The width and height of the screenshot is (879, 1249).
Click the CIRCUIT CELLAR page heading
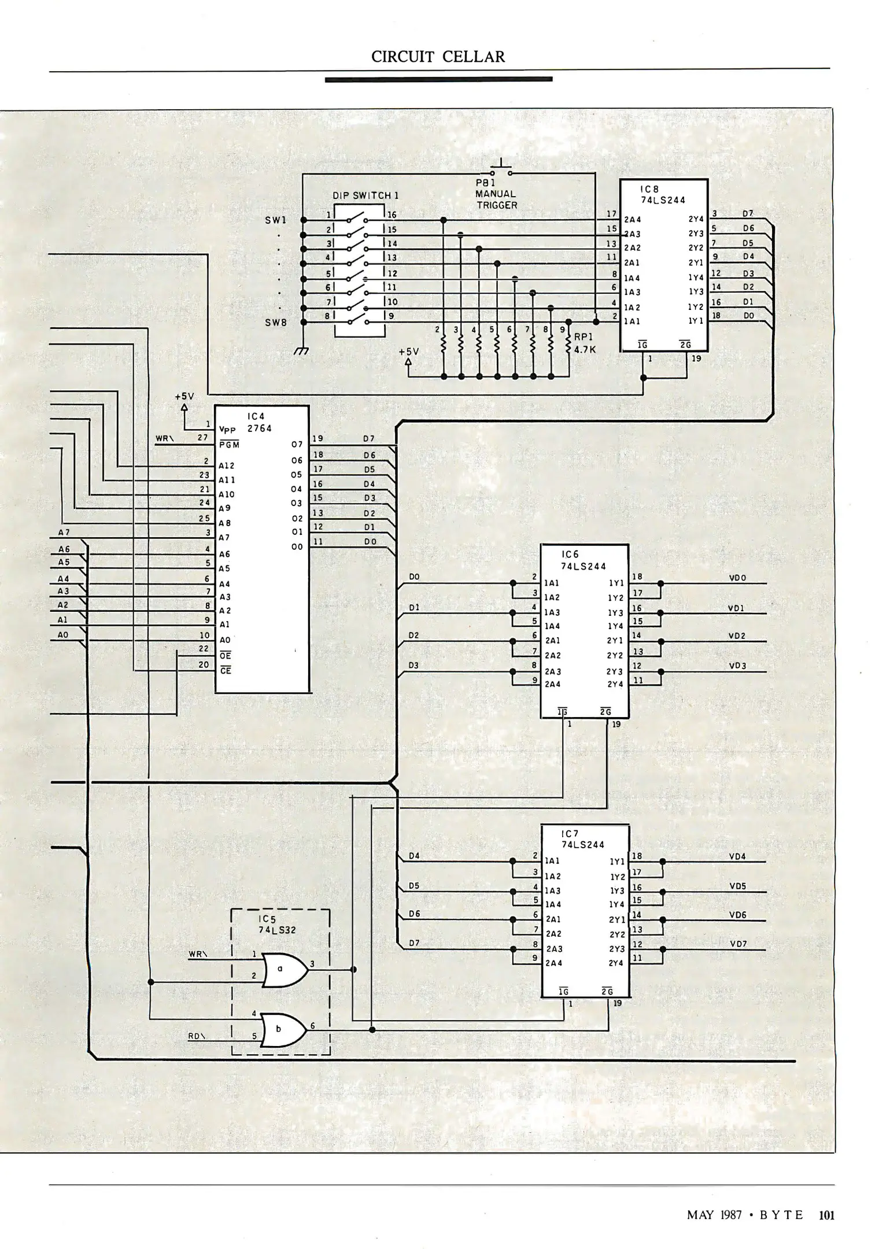coord(438,57)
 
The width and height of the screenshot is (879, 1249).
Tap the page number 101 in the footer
coord(826,1215)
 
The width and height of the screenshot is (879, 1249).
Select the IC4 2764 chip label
coord(260,423)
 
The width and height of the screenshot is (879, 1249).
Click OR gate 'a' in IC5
coord(283,970)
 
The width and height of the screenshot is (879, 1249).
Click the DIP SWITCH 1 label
coord(365,195)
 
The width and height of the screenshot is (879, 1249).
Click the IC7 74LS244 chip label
coord(582,839)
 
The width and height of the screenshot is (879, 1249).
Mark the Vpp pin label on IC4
coord(227,430)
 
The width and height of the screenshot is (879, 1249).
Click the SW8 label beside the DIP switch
coord(276,323)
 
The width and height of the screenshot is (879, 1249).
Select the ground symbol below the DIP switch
coord(301,350)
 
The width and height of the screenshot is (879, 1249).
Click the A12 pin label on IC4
coord(226,465)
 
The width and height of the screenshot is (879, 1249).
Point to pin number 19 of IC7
coord(618,1003)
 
